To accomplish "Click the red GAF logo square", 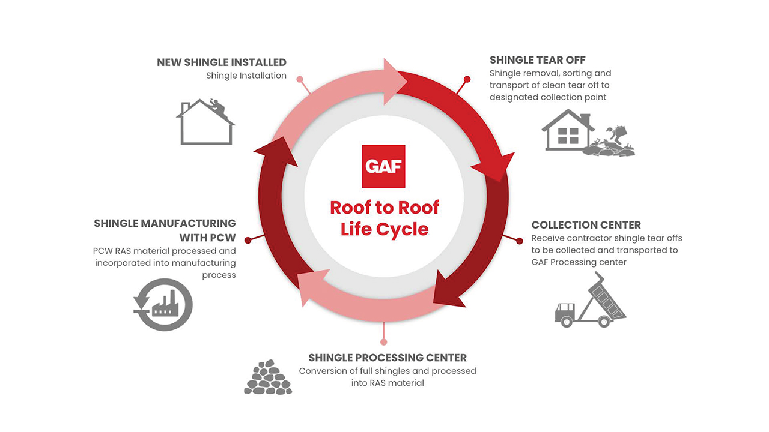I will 383,166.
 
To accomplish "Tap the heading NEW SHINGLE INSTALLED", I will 222,62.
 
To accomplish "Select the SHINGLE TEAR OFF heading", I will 537,60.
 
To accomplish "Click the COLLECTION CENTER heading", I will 586,225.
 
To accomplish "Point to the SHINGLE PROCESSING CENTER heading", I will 388,358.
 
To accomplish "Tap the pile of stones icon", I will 268,377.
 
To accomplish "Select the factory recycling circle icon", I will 163,305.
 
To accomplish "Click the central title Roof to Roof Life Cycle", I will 384,218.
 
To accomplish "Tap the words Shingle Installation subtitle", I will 246,76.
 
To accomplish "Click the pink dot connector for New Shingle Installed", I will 300,79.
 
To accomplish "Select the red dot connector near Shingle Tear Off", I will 467,79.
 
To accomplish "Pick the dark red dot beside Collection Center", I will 520,240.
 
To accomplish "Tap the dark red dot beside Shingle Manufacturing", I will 247,239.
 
